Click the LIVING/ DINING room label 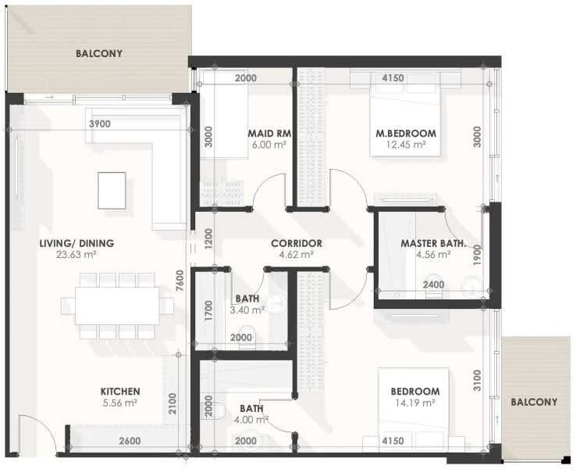76,243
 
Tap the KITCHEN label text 120,391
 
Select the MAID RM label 269,133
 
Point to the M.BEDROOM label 406,133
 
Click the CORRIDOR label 297,243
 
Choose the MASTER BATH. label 433,243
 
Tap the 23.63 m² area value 76,255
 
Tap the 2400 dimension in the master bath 434,285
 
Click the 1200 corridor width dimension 208,238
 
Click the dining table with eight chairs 117,305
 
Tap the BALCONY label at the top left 99,54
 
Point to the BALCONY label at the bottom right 534,402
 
